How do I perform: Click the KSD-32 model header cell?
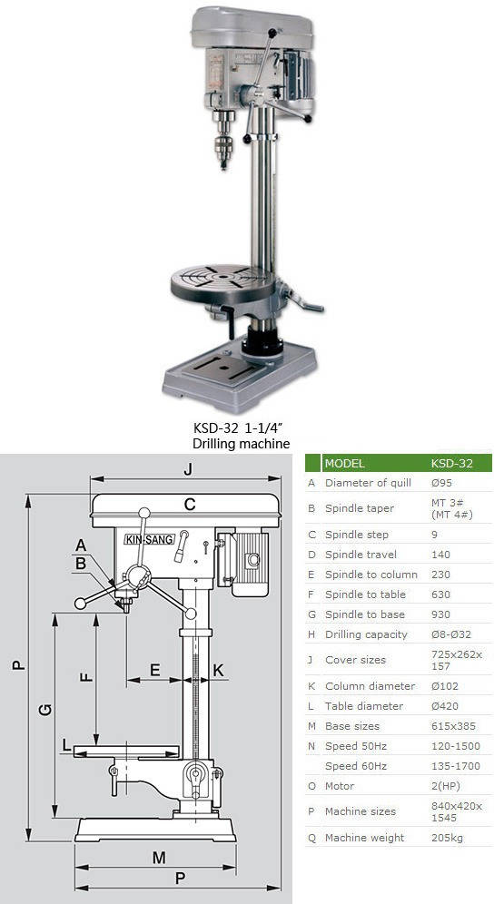(452, 463)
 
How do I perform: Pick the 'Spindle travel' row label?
(361, 555)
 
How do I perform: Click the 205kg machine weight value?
(447, 837)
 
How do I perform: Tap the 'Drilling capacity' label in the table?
(366, 634)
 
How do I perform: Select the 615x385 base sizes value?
(454, 726)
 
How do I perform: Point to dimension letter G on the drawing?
(45, 709)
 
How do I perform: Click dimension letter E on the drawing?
(154, 669)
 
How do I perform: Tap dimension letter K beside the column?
(218, 670)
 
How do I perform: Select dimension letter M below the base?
(159, 858)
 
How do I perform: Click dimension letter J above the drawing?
(188, 470)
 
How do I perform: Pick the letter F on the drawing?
(86, 674)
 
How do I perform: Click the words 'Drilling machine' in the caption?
(242, 443)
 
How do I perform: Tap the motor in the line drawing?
(247, 562)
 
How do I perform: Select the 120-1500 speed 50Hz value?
(456, 746)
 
